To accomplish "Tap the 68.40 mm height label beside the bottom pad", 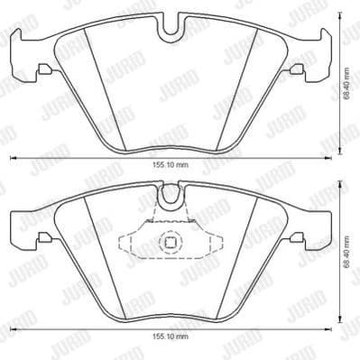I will click(348, 263).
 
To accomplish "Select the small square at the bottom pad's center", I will click(169, 242).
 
